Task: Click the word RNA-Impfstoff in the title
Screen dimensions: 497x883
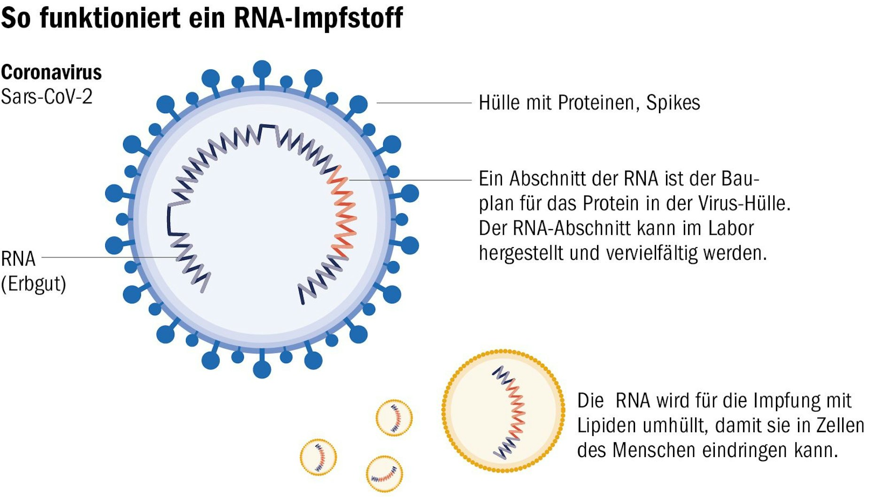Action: (x=318, y=18)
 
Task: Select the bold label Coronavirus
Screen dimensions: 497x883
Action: (x=51, y=72)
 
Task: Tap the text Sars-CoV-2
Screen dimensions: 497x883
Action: (x=46, y=97)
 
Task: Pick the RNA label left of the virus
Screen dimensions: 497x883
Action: (x=18, y=258)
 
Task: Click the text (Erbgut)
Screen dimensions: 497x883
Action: (x=33, y=284)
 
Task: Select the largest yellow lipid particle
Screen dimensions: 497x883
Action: (x=503, y=411)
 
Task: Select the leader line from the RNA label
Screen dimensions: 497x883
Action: (x=108, y=257)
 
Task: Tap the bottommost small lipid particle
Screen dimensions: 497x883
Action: (x=384, y=474)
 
